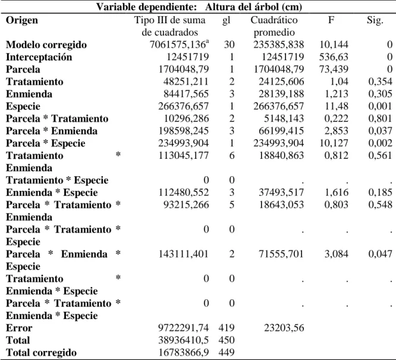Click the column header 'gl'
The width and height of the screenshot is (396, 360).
click(x=227, y=21)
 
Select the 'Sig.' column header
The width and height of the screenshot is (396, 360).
click(x=375, y=20)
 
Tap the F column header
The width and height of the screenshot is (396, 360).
click(x=331, y=20)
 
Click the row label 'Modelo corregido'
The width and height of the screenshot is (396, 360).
click(x=46, y=45)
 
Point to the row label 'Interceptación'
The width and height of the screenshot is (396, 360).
click(x=39, y=57)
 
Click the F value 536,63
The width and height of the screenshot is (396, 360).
click(x=334, y=57)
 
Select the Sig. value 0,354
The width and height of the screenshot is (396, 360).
click(x=380, y=82)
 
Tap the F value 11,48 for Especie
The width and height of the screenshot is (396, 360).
click(x=337, y=106)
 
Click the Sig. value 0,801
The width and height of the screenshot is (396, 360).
click(x=380, y=118)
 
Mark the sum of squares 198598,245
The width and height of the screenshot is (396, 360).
click(x=184, y=131)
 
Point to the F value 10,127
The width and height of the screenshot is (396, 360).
click(x=334, y=143)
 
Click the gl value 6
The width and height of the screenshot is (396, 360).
click(x=232, y=155)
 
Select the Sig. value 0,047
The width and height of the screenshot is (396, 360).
click(x=380, y=254)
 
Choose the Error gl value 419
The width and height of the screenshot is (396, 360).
click(x=227, y=328)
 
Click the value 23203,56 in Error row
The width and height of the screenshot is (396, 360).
click(x=284, y=328)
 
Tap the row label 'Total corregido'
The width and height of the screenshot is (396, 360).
click(x=41, y=353)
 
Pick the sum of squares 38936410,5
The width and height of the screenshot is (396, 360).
click(x=184, y=340)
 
